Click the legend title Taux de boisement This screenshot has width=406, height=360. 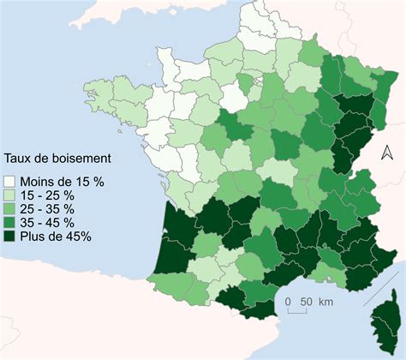(x=58, y=159)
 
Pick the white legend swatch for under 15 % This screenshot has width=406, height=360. (x=10, y=181)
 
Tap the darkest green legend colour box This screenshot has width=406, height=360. (x=10, y=237)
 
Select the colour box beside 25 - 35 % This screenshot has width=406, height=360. (x=10, y=209)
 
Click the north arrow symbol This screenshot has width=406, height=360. (x=386, y=153)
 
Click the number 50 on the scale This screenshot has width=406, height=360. (x=306, y=301)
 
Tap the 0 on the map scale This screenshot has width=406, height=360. (x=290, y=301)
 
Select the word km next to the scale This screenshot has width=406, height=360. (x=326, y=301)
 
